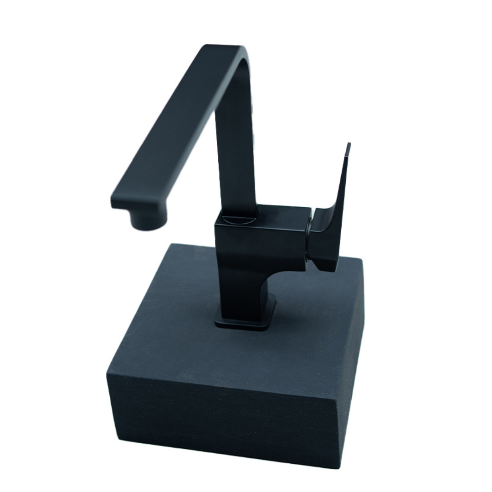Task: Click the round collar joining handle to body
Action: [x=309, y=239]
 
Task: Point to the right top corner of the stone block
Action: [x=363, y=264]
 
